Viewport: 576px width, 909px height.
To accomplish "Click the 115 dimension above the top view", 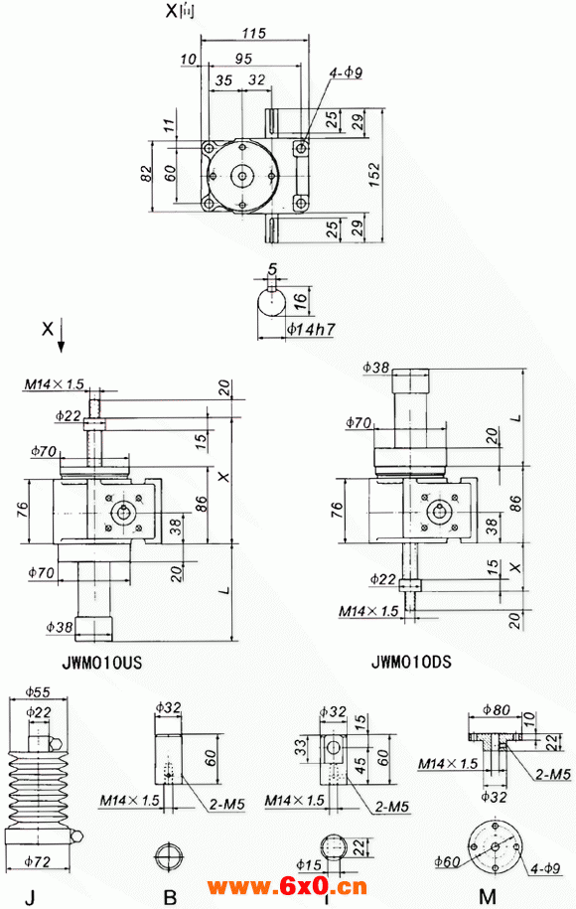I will coord(253,34).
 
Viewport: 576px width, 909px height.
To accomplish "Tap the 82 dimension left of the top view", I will coord(146,173).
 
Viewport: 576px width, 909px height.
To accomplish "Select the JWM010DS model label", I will coord(410,660).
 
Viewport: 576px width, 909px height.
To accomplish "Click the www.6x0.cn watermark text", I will coord(287,887).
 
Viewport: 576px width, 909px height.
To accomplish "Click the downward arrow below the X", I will coord(62,338).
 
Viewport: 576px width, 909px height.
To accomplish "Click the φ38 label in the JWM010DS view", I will coord(376,368).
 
